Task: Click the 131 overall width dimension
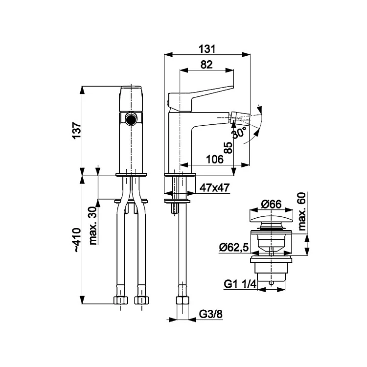click(207, 49)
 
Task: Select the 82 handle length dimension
click(206, 65)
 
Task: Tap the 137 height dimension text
click(77, 131)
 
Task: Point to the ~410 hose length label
click(77, 240)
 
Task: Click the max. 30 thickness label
click(93, 226)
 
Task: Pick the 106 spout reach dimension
click(215, 160)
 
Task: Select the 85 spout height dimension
click(229, 147)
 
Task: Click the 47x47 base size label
click(214, 188)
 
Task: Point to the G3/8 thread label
click(210, 314)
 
